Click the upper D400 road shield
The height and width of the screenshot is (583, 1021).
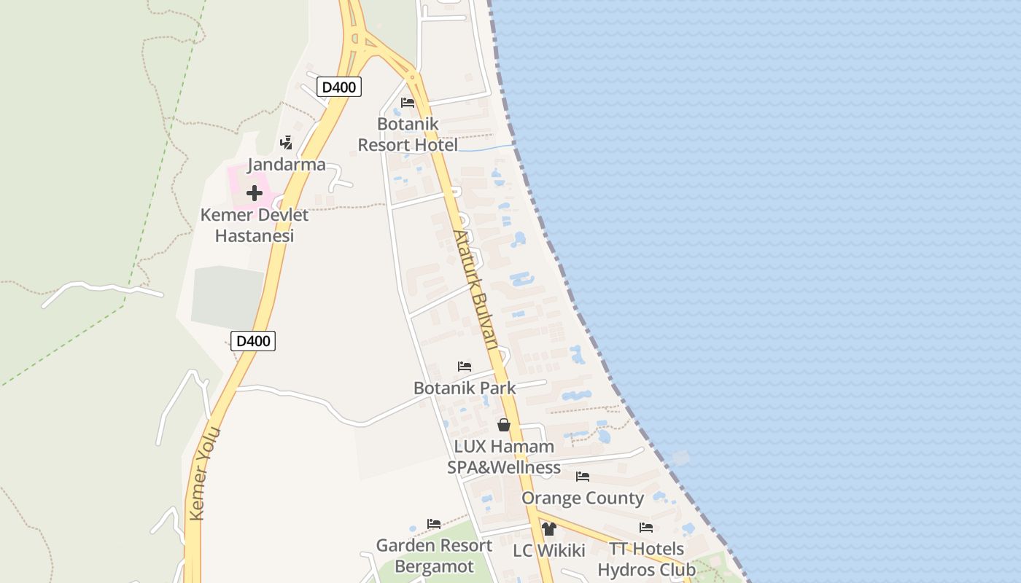click(339, 87)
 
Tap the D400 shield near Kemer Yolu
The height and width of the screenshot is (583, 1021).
click(253, 340)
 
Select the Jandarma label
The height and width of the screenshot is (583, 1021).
click(287, 165)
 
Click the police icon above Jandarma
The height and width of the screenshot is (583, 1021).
click(287, 143)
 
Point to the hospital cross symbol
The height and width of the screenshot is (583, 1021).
click(254, 193)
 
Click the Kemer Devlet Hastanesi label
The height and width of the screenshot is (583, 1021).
click(255, 226)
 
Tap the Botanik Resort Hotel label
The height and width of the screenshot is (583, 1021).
click(408, 135)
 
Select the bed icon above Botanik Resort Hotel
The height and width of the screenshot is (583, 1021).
click(408, 103)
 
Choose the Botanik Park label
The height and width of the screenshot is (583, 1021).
click(465, 388)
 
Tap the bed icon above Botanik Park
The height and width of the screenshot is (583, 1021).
click(465, 367)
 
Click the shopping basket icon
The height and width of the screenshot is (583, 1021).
click(504, 425)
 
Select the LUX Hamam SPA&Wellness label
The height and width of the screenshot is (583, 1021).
click(504, 457)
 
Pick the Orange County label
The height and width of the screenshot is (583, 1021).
click(583, 498)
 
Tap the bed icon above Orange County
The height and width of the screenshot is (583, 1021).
click(583, 477)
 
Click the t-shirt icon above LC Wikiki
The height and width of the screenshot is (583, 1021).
click(549, 529)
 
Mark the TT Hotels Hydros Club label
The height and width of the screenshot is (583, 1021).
click(646, 559)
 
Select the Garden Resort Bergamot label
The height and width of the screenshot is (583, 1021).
click(434, 556)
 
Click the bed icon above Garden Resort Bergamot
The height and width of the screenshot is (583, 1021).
click(434, 524)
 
